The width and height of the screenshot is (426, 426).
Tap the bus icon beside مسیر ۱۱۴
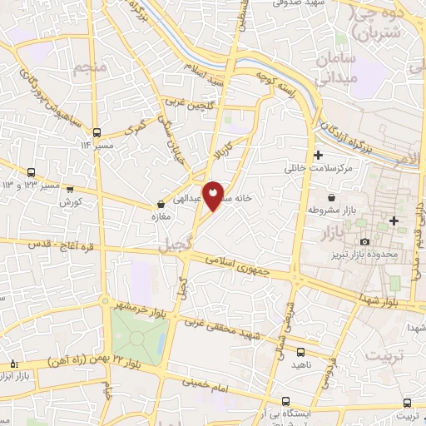tap(98, 131)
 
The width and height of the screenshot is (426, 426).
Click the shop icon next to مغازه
tap(161, 204)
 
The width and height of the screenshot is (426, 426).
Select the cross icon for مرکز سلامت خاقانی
tap(318, 156)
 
